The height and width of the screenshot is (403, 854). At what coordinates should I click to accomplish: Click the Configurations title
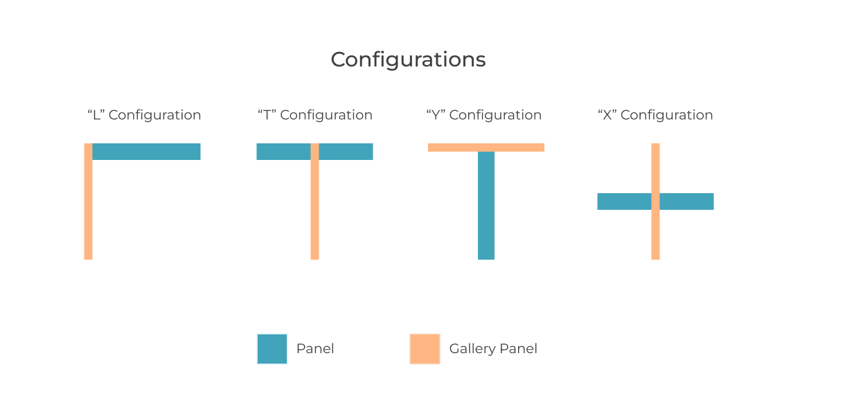point(408,60)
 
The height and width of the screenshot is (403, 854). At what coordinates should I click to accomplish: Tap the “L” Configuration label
point(144,115)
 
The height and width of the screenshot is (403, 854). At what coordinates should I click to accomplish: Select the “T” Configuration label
point(314,115)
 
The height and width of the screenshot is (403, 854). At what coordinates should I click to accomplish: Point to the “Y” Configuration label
point(483,115)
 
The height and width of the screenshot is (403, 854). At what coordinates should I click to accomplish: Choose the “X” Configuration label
point(655,115)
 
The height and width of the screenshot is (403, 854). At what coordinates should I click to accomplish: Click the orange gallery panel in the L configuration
point(88,208)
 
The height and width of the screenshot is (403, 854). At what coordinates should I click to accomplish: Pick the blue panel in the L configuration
point(147,152)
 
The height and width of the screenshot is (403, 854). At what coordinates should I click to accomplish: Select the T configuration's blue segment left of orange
point(283,152)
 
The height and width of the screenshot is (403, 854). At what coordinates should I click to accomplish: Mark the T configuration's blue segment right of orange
point(346,152)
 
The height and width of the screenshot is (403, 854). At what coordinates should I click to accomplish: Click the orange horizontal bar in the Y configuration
point(486,147)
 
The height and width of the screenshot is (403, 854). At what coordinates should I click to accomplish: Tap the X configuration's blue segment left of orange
point(623,201)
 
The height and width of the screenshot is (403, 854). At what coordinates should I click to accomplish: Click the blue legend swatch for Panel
point(272,349)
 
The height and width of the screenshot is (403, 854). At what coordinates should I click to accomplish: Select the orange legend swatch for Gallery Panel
point(425,349)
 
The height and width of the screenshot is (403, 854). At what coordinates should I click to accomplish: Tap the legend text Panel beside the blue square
point(315,348)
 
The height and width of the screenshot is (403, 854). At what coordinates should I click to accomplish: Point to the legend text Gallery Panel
point(493,348)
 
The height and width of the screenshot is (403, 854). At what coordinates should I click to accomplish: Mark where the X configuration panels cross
point(655,201)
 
